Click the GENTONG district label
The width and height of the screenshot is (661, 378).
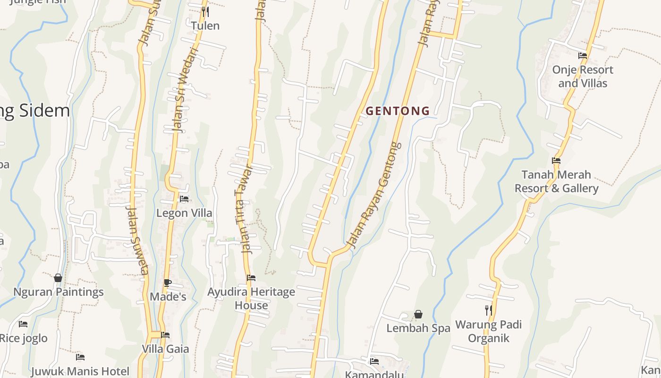(x=398, y=111)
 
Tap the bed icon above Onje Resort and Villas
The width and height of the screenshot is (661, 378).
(x=583, y=56)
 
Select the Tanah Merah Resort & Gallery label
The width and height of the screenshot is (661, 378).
(x=556, y=181)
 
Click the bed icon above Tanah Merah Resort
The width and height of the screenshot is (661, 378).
(x=556, y=161)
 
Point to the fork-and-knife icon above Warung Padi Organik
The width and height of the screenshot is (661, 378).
(x=489, y=310)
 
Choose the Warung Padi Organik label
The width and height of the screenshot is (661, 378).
(x=488, y=331)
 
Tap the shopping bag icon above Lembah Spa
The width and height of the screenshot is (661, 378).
(x=418, y=314)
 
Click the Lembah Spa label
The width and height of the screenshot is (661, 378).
(x=418, y=328)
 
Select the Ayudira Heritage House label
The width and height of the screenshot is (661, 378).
(x=251, y=299)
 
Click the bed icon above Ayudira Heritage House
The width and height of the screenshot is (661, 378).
(x=251, y=278)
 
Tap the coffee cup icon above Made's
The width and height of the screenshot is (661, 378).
(x=168, y=283)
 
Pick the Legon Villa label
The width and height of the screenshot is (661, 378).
(x=184, y=213)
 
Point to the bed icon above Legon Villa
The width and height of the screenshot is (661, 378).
(x=184, y=199)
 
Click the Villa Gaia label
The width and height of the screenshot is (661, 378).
(x=166, y=349)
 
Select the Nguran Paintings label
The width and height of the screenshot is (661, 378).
(x=59, y=292)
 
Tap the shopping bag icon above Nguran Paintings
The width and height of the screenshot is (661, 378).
(x=58, y=278)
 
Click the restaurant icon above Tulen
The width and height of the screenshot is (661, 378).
(x=205, y=12)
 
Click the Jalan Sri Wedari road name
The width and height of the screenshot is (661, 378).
(x=184, y=90)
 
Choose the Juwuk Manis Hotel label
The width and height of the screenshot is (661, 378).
(x=80, y=371)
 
